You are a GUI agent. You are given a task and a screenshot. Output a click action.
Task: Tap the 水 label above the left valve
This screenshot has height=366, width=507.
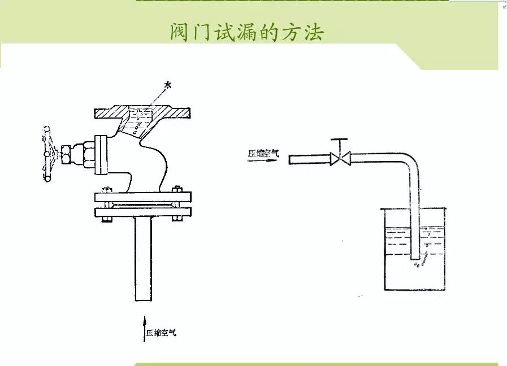[x=167, y=85]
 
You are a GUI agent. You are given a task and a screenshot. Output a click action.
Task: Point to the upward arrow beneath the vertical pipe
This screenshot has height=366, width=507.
[x=144, y=328]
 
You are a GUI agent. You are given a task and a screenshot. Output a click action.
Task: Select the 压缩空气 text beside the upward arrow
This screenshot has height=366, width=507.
[x=162, y=333]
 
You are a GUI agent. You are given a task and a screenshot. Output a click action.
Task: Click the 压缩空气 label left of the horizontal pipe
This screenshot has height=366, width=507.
[x=263, y=152]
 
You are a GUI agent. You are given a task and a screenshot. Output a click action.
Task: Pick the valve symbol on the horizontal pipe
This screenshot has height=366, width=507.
[x=341, y=159]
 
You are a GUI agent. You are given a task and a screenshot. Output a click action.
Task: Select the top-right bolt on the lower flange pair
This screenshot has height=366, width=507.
[x=176, y=190]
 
